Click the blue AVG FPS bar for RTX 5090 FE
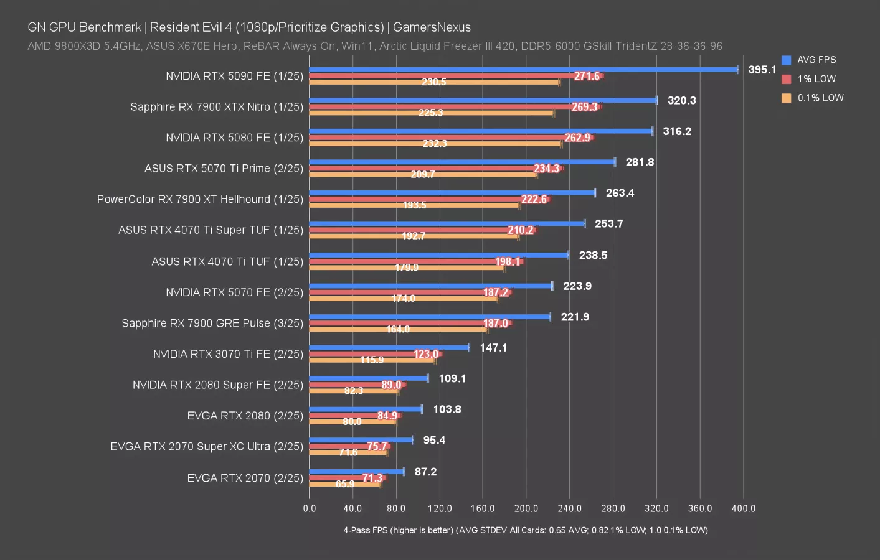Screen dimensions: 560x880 point(523,69)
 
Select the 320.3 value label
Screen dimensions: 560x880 point(681,100)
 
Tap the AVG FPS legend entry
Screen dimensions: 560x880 point(816,60)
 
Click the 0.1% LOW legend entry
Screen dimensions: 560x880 point(820,98)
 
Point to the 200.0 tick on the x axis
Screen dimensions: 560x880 point(526,508)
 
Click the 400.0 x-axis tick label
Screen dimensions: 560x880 point(743,508)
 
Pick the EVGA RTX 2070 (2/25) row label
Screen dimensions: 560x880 point(245,478)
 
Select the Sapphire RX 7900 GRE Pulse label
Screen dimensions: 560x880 point(212,323)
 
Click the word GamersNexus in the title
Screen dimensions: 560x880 point(432,27)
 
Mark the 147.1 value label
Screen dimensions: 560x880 point(493,348)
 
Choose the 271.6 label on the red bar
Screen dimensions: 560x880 point(587,76)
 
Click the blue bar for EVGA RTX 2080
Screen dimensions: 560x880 point(366,409)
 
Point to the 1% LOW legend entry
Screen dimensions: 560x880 point(816,79)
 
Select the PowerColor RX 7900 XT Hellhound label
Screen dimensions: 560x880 point(200,199)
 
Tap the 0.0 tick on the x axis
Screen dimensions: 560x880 point(310,508)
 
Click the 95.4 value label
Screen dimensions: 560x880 point(434,440)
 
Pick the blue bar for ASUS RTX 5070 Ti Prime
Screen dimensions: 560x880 point(462,162)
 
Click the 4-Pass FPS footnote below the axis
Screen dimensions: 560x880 point(525,530)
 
